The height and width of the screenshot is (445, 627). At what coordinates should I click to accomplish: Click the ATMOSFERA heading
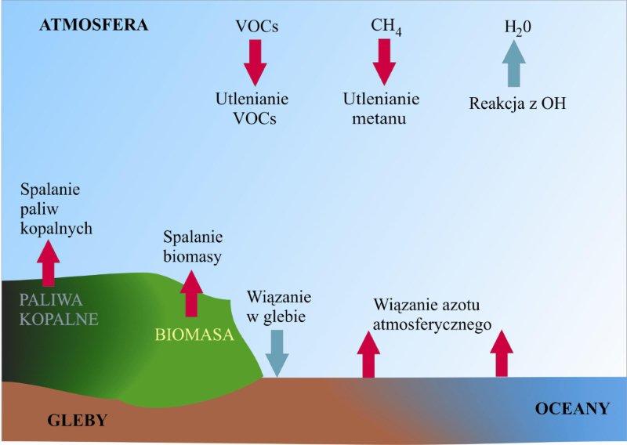click(x=93, y=25)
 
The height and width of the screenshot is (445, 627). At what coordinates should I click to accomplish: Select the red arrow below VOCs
click(x=256, y=62)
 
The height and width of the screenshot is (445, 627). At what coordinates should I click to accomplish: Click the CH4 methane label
click(x=384, y=26)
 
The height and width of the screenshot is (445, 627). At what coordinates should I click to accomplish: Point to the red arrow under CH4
click(x=384, y=61)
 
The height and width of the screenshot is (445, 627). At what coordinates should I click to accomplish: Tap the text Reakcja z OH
click(x=517, y=103)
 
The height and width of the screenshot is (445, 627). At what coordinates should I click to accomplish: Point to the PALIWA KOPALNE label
click(x=60, y=309)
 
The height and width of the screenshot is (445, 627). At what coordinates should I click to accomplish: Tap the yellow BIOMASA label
click(x=194, y=335)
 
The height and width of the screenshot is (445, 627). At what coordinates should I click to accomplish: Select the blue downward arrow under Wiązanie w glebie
click(x=277, y=353)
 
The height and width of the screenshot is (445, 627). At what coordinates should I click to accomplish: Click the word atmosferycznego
click(x=433, y=323)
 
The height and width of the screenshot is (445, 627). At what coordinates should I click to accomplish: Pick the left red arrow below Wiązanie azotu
click(x=368, y=354)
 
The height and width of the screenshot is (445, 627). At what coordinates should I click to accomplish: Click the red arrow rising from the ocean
click(x=502, y=354)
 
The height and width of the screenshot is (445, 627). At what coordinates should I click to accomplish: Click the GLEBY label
click(x=77, y=420)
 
